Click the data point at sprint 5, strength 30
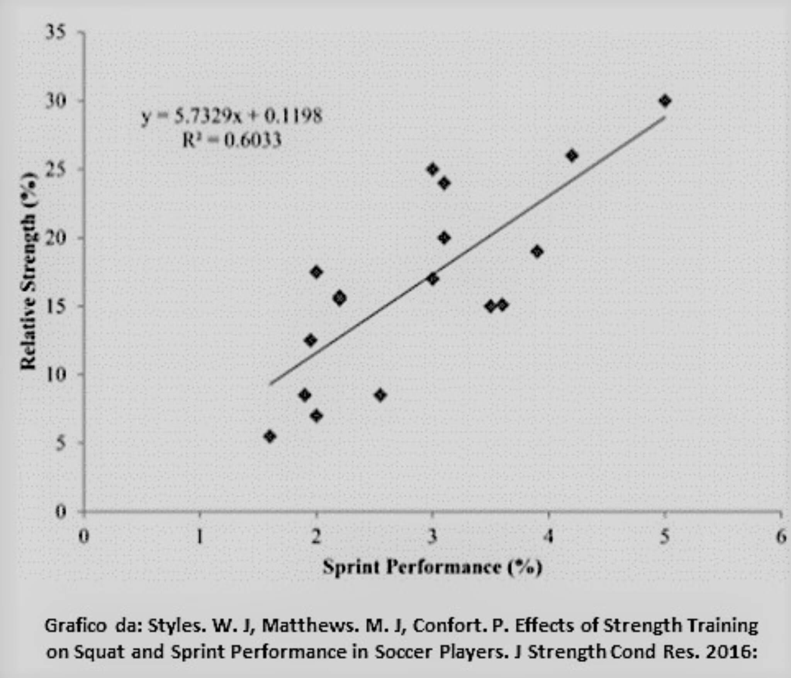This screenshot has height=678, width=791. (x=665, y=101)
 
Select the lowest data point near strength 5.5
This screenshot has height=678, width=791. (x=270, y=436)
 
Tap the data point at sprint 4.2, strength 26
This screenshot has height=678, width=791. (x=572, y=156)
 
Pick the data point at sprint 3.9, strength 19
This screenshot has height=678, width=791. (x=537, y=252)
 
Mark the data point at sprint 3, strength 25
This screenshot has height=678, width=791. (x=433, y=169)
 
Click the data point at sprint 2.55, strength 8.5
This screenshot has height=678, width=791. (x=380, y=395)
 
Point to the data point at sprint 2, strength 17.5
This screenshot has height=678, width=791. (x=316, y=272)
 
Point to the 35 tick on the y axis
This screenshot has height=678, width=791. (x=56, y=33)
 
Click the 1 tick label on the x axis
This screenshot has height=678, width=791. (x=199, y=537)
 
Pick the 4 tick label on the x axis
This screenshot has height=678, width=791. (x=548, y=537)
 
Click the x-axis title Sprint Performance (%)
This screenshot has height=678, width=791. (x=433, y=567)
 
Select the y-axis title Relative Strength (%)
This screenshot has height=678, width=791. (x=29, y=271)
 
